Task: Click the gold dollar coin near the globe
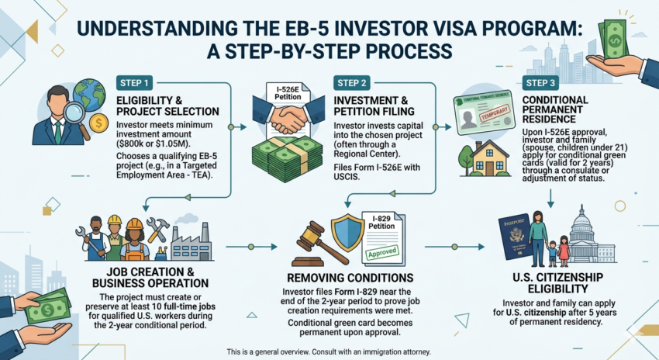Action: (98, 122)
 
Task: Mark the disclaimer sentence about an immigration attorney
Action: (329, 351)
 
